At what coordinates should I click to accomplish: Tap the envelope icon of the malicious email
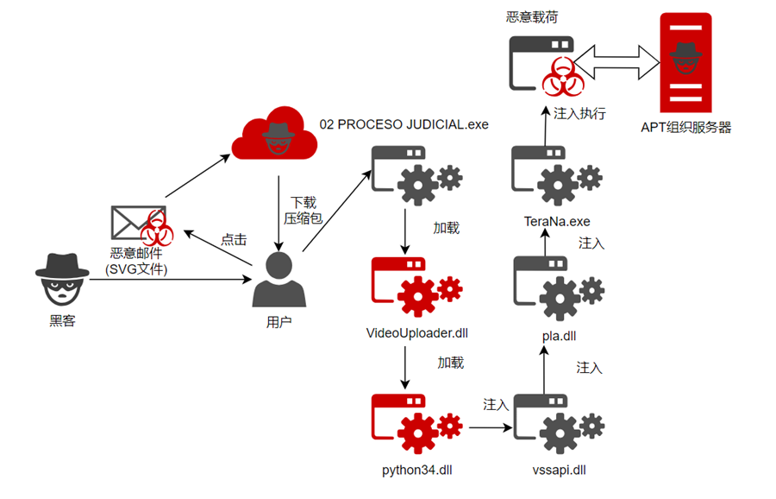pyautogui.click(x=129, y=223)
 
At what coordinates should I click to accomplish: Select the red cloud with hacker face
pyautogui.click(x=276, y=132)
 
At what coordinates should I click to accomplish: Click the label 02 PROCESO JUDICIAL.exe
pyautogui.click(x=404, y=124)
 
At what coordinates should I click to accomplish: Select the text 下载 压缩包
pyautogui.click(x=304, y=211)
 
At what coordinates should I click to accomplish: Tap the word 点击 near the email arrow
pyautogui.click(x=234, y=239)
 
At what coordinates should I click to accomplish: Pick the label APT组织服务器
pyautogui.click(x=685, y=127)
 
